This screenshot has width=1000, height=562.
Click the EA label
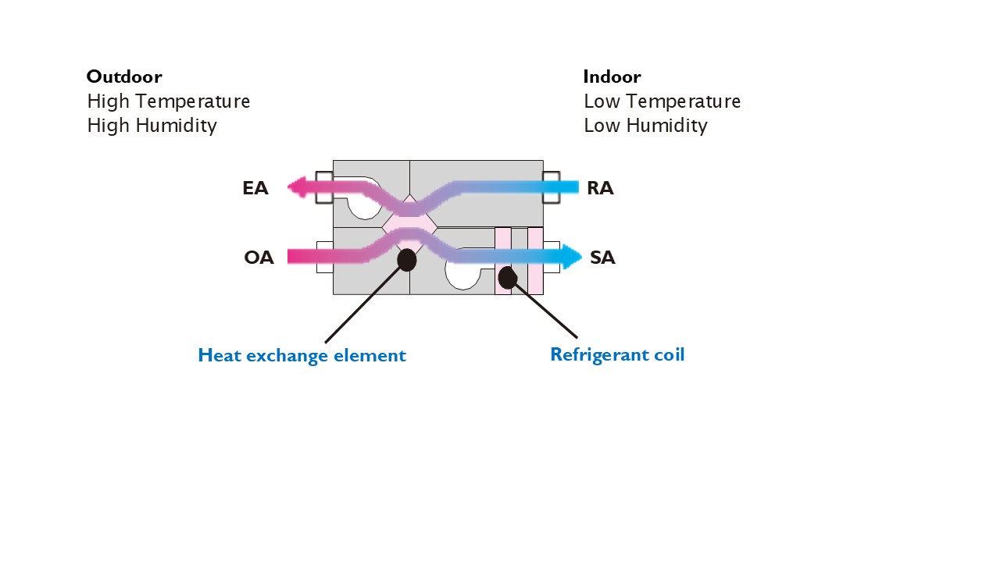255,188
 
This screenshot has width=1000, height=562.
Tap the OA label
259,258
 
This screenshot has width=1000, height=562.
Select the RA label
600,188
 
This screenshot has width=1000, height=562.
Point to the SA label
602,258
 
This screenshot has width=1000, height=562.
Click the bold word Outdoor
124,76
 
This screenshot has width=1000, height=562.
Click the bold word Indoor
612,76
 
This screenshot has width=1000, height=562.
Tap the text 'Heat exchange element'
302,356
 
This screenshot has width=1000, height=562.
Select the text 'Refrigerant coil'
617,355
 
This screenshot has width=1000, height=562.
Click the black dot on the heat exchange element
406,260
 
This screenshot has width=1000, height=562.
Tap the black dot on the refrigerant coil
507,277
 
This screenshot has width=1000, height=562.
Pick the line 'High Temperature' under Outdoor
168,101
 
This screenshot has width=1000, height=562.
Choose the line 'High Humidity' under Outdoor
152,126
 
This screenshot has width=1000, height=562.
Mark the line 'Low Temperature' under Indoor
662,101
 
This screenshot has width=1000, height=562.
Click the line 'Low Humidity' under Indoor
645,126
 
